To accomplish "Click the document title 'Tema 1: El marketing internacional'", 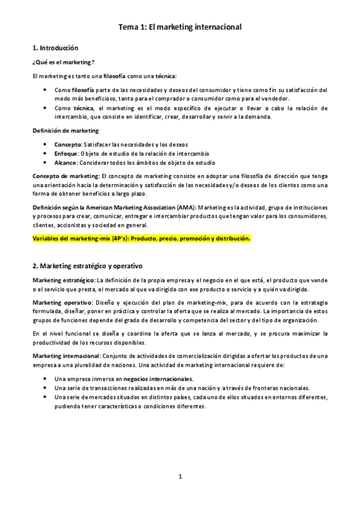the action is [x=180, y=27].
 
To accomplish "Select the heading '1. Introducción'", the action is [x=55, y=48].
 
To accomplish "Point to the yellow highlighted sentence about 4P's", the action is [x=141, y=238].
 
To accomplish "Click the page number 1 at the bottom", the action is [x=180, y=477].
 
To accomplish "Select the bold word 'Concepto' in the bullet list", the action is [x=67, y=144].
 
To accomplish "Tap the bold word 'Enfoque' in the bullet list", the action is [x=66, y=153].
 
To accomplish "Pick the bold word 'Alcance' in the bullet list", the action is [x=65, y=162].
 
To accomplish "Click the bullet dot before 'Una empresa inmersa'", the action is [x=47, y=379].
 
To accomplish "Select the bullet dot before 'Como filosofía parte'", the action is [x=47, y=90].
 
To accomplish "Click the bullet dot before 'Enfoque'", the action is [x=47, y=153].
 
